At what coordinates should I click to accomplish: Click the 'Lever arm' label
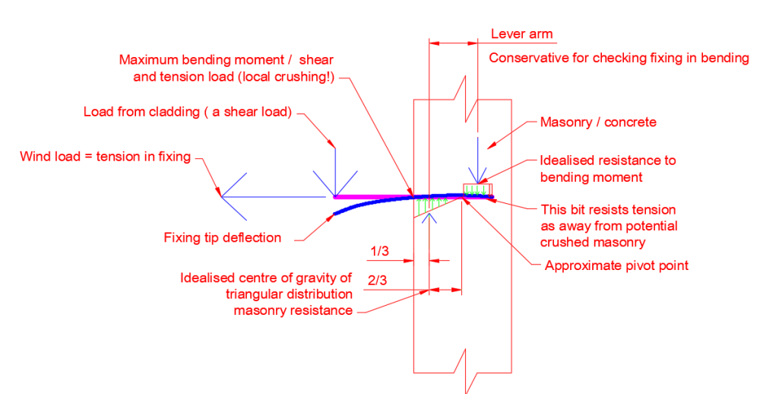tap(521, 34)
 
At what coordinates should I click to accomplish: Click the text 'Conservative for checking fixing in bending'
tap(619, 59)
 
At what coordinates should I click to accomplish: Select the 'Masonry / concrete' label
tap(598, 122)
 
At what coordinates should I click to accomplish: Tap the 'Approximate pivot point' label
tap(616, 265)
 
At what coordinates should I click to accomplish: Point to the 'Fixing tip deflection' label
tap(223, 238)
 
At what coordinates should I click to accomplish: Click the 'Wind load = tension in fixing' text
tap(105, 157)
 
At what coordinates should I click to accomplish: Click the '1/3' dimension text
tap(379, 251)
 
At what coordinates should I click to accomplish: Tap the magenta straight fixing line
tap(373, 197)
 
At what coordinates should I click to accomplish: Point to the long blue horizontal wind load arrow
tap(274, 196)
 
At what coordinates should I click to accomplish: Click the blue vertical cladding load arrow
tap(335, 172)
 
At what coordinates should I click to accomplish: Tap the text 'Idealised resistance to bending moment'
tap(608, 169)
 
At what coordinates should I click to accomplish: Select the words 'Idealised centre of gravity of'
tap(266, 278)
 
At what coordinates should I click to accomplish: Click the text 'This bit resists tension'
tap(608, 210)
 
